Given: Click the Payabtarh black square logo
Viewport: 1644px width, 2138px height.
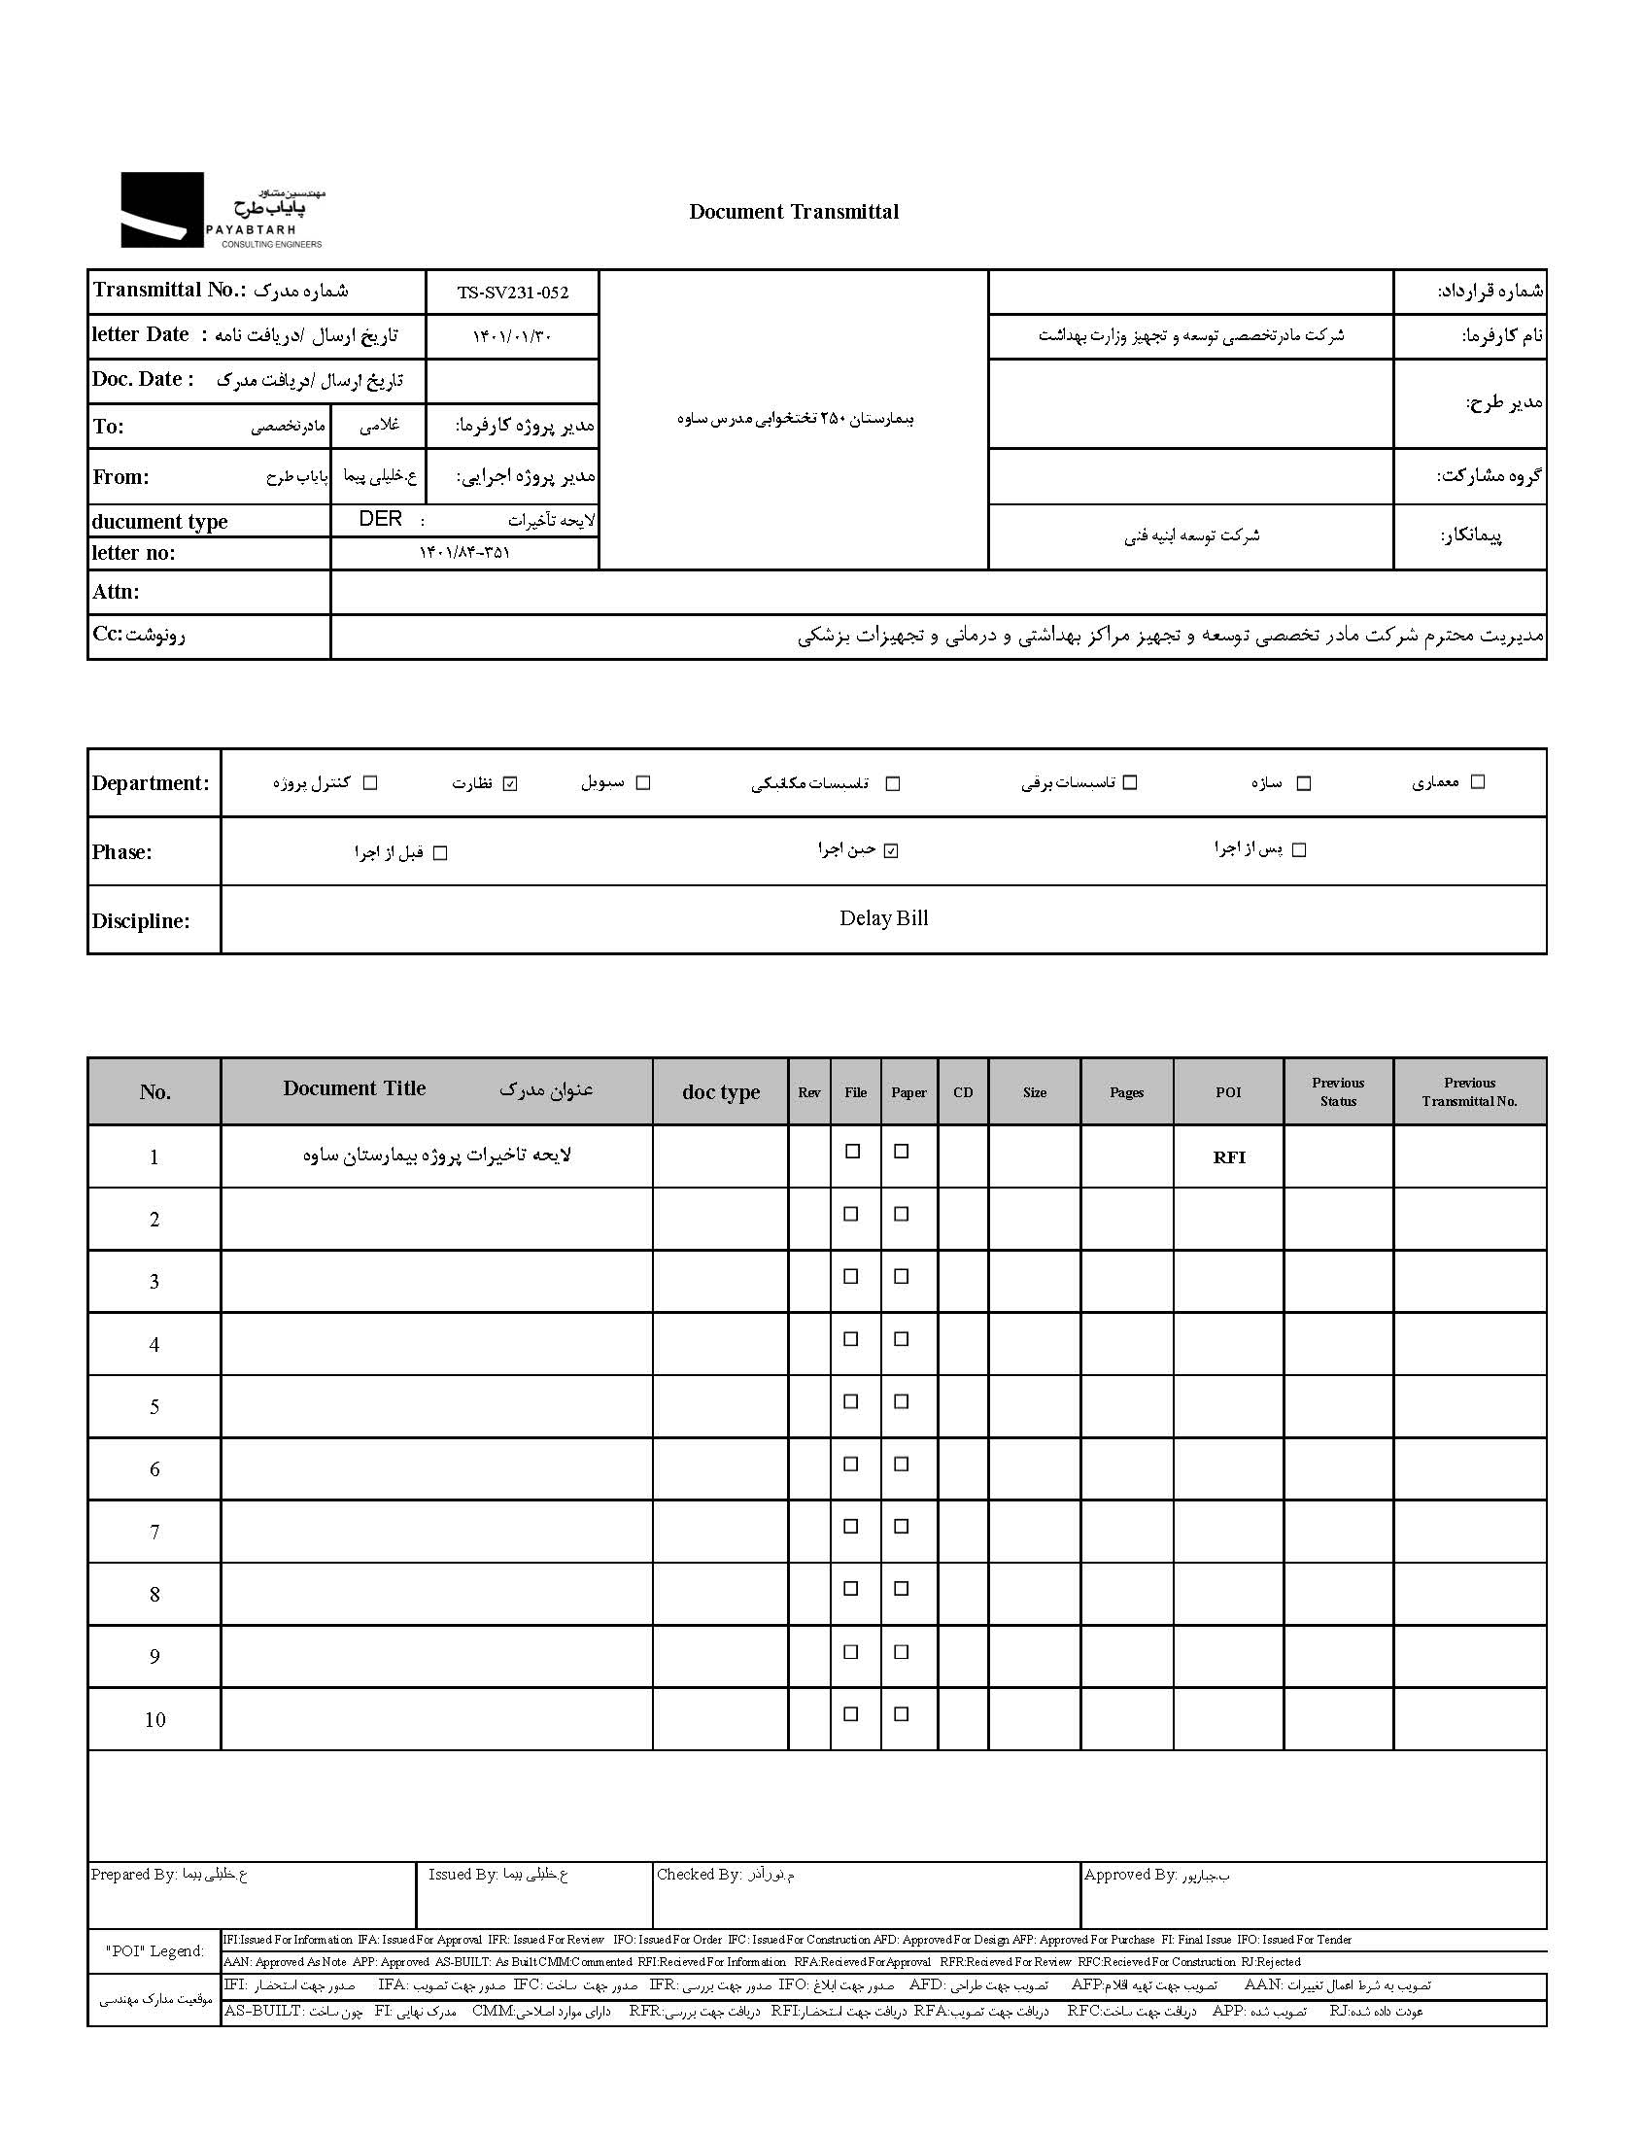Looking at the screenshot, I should [x=162, y=209].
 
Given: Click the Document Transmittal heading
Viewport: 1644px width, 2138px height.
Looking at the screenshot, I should [x=794, y=211].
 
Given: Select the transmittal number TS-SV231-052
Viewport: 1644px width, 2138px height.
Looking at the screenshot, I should [x=512, y=293].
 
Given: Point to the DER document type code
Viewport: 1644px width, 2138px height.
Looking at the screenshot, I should [x=381, y=519].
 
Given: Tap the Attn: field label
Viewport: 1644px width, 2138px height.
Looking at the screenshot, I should [x=117, y=592].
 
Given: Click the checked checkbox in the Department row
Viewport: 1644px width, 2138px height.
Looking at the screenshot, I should [x=510, y=783].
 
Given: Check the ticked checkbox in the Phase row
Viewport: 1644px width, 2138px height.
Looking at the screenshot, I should [x=890, y=850].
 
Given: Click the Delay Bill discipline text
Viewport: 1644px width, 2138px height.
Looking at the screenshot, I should [x=883, y=918].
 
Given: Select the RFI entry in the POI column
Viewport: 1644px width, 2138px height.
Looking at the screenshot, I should [x=1229, y=1157].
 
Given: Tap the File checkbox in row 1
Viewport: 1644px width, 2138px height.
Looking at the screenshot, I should [x=852, y=1152].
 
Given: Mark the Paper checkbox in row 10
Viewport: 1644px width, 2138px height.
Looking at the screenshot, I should [x=903, y=1714].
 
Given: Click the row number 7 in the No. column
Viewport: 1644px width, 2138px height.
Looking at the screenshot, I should [x=154, y=1533].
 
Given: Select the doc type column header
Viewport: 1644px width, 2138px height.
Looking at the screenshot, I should [x=721, y=1093].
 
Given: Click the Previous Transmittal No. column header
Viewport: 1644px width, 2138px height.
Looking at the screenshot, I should [x=1470, y=1092].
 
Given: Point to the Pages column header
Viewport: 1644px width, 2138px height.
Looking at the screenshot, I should [x=1126, y=1093].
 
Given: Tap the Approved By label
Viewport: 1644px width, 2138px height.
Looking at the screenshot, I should [x=1130, y=1875].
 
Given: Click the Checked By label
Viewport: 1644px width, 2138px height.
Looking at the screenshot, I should [x=700, y=1875].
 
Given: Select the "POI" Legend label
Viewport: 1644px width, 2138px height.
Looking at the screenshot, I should [x=154, y=1951].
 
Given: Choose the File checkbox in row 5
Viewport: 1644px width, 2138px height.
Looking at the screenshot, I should [x=851, y=1402].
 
